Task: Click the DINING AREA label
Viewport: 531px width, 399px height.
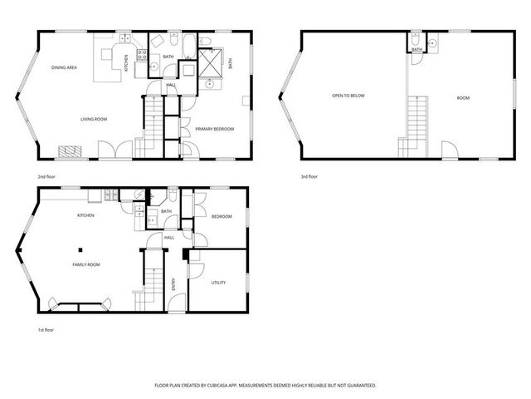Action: coord(64,67)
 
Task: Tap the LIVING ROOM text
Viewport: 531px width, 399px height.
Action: coord(94,119)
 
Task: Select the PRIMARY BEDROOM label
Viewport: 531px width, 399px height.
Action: coord(214,129)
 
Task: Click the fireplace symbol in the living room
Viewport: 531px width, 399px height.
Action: coord(71,151)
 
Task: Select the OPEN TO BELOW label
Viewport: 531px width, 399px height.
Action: coord(348,96)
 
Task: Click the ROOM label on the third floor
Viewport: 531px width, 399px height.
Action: coord(463,98)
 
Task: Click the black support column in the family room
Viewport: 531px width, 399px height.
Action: coord(81,249)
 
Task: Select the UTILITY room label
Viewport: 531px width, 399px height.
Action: coord(218,283)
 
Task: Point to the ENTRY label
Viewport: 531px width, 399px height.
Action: coord(173,285)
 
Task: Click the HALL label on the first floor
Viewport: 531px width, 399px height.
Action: coord(168,238)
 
